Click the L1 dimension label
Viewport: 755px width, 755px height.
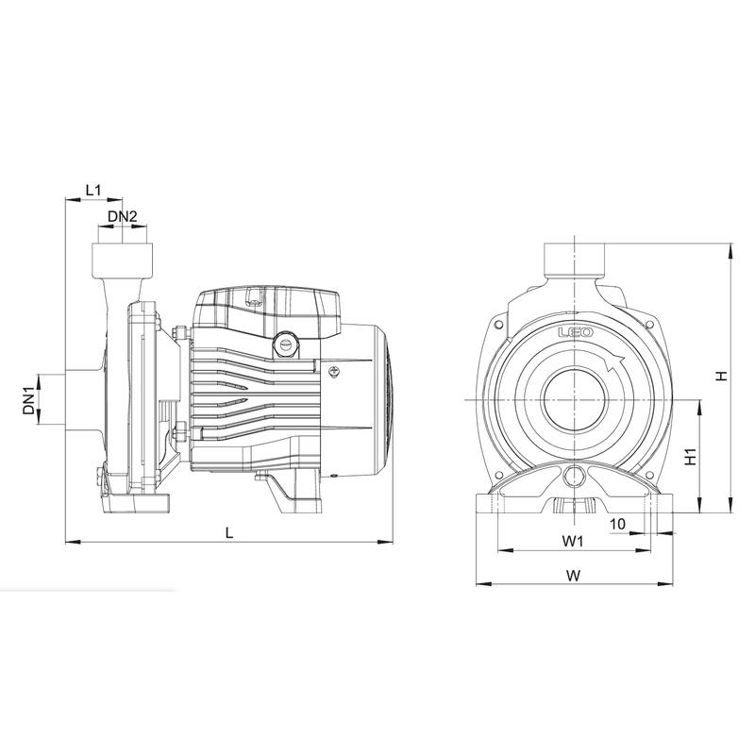tap(93, 190)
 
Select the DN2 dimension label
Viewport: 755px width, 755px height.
tap(123, 218)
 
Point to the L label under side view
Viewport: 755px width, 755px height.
tap(229, 532)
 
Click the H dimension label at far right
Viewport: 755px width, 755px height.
tap(720, 376)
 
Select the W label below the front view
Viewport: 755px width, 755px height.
tap(574, 574)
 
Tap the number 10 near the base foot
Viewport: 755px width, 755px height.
tap(618, 522)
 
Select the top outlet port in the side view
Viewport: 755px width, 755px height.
tap(123, 257)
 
